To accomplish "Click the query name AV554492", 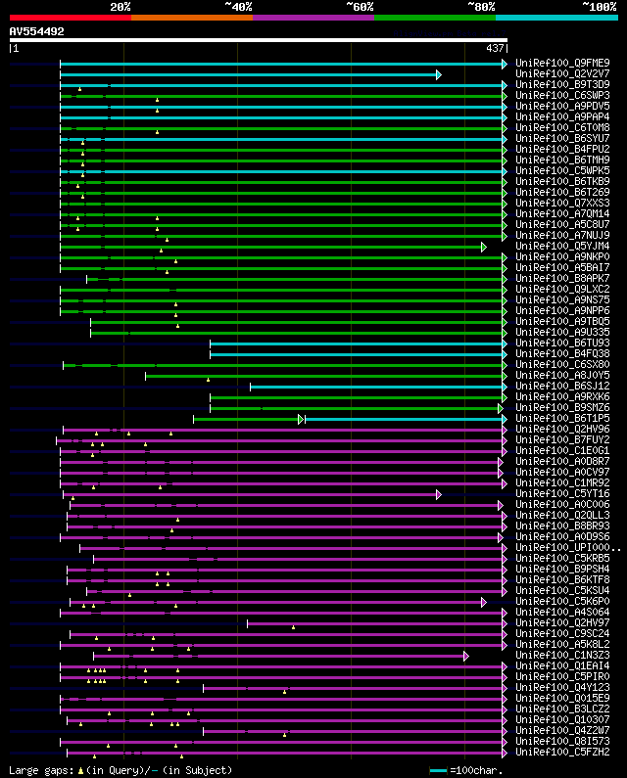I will [36, 32].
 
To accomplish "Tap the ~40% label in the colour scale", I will [238, 7].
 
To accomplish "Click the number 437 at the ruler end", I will [495, 48].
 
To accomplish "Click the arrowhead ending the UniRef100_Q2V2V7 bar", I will [439, 74].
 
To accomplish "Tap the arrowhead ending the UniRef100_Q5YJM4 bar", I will [484, 247].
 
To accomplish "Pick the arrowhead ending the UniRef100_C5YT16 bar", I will [439, 495].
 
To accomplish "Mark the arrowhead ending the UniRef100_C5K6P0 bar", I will [484, 602].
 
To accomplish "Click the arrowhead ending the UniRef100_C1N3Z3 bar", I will [466, 656].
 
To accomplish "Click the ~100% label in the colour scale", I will [599, 7].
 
